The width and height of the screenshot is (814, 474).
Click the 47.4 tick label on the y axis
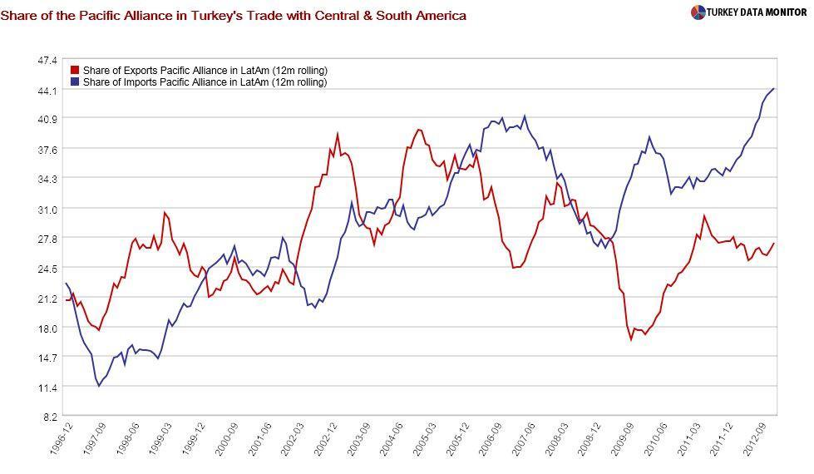[47, 61]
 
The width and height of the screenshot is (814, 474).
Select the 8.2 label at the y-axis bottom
[50, 417]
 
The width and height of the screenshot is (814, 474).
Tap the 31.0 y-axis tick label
[47, 209]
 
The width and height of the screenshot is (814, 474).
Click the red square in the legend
[75, 71]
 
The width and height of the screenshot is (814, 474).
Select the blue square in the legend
[75, 82]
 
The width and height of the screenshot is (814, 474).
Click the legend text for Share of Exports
[205, 71]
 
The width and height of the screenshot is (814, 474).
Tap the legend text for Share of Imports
[205, 82]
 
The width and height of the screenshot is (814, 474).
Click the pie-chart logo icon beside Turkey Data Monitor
[698, 12]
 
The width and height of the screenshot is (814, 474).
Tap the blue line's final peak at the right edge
[774, 88]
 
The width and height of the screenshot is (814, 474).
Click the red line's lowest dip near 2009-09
[631, 339]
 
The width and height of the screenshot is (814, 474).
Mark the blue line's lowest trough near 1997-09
[99, 386]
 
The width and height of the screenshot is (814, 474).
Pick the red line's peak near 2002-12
[338, 134]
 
